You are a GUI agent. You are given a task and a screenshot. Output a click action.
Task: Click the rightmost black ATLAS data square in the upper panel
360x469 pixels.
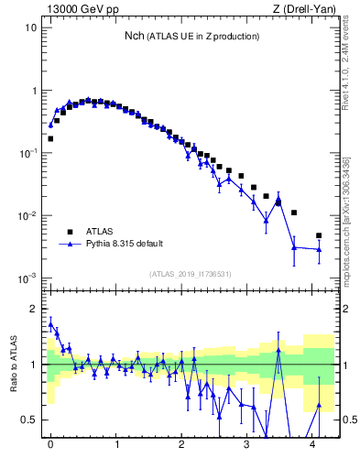coord(319,235)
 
